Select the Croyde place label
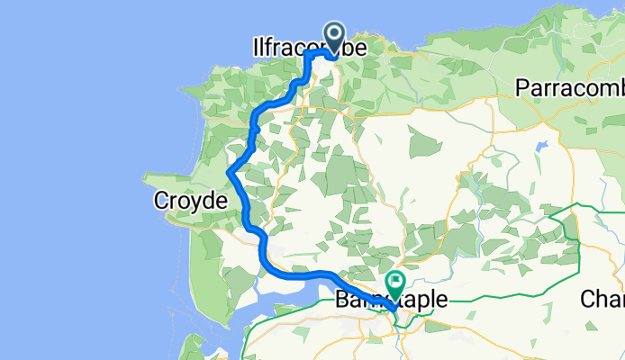click(x=188, y=201)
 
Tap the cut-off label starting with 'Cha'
click(x=602, y=298)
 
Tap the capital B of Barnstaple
click(x=343, y=298)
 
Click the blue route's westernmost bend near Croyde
click(x=230, y=172)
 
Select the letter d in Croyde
click(x=204, y=201)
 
